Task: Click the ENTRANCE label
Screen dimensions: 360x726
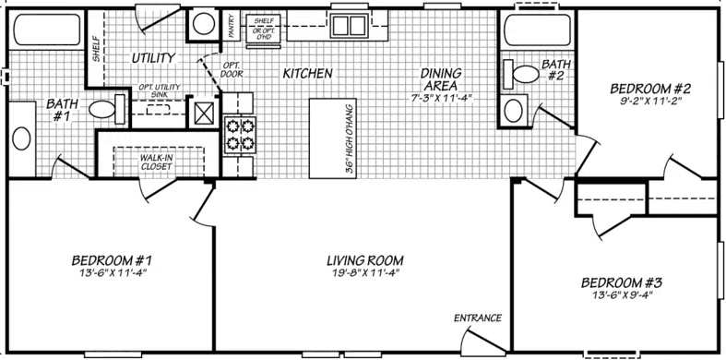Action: point(477,318)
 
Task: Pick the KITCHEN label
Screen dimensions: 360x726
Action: point(307,72)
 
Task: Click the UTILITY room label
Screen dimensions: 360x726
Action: point(152,57)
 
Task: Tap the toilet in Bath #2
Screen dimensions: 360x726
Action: point(526,73)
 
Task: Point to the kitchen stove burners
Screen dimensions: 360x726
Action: point(240,135)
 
